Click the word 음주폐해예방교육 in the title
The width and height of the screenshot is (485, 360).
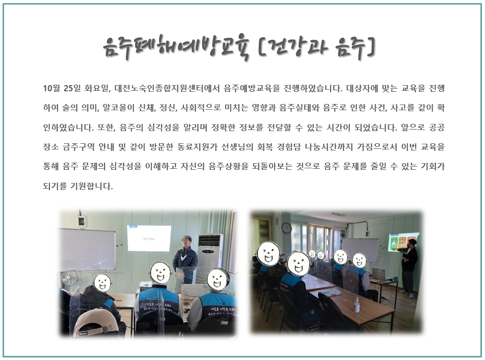(176, 48)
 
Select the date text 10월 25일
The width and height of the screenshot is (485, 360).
(62, 89)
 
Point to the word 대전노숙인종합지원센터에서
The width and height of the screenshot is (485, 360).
(167, 89)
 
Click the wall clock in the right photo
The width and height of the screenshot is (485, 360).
(286, 228)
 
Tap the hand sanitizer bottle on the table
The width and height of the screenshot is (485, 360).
(357, 305)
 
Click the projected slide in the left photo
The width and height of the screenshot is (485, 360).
(149, 238)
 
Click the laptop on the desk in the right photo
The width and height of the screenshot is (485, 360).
(379, 273)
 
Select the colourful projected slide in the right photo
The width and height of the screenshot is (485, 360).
(402, 241)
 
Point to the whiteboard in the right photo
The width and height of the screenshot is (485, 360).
(360, 249)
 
